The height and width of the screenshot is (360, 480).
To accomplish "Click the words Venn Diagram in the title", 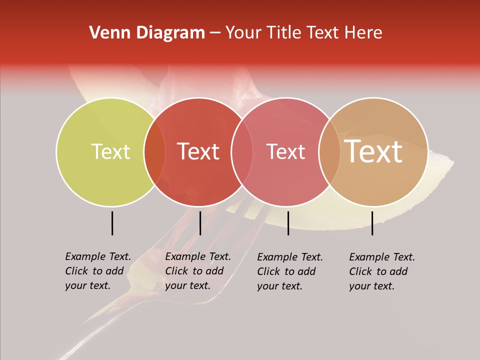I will coord(147,33).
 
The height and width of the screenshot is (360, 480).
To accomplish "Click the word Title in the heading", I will coord(283,33).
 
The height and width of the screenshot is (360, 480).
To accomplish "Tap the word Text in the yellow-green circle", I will coord(110,151).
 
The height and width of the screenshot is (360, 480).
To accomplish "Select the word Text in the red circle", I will coord(198,151).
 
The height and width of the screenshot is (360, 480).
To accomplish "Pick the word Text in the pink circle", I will coord(285,151).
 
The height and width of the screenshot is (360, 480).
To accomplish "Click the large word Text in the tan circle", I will coord(373,151).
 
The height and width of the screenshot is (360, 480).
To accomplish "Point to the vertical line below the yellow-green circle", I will coord(112,223).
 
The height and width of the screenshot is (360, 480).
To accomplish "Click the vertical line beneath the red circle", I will coord(200,223).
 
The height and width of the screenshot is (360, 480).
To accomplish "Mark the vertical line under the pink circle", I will coord(288,223).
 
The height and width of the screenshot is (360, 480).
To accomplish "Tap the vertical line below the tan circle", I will coord(372,223).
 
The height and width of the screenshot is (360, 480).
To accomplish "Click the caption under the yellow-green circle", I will coord(98,271).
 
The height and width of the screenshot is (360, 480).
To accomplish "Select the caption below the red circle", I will coord(198,271).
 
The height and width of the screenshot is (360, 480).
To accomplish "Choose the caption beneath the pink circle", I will coord(290,271).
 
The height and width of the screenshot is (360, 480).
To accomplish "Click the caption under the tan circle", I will coord(382,271).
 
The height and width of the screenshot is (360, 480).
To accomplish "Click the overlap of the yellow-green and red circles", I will coord(154,151).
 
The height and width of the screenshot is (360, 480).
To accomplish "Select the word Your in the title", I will coord(244,33).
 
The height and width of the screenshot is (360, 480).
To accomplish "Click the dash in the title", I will coord(215,33).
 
